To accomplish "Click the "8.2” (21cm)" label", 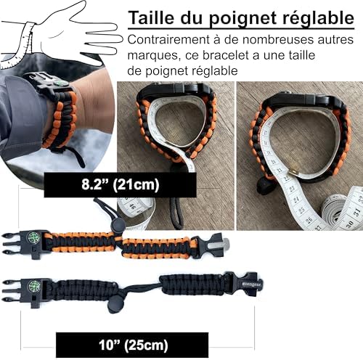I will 119,185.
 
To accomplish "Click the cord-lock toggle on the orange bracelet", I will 117,225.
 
